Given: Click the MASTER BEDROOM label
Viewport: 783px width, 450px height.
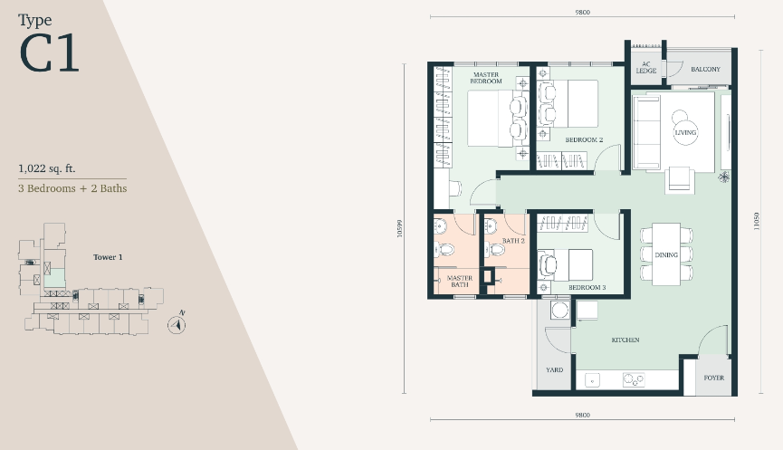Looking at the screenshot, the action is point(486,78).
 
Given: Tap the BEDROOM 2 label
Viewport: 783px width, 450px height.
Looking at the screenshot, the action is point(584,139).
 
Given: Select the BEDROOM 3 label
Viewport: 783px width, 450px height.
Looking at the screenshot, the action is point(587,288).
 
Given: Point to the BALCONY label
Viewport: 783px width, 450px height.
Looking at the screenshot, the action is point(705,70).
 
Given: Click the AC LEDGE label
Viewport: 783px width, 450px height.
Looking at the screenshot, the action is point(646,67).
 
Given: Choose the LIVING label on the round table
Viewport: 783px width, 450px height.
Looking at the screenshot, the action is point(685,133).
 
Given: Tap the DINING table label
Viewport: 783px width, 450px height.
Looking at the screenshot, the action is point(666,254).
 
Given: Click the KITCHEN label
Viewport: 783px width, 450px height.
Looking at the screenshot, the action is point(625,340).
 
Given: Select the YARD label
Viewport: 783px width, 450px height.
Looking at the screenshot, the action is point(554,370).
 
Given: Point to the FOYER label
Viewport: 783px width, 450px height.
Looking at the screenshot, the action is point(713,378).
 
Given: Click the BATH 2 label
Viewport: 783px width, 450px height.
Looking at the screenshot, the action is point(513,241).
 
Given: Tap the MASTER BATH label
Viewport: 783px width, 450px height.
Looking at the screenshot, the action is point(460,282).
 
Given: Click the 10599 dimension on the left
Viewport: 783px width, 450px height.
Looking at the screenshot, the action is point(399,229).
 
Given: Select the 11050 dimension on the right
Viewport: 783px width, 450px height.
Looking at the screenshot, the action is point(757,221).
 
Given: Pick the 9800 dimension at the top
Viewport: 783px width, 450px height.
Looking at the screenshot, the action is point(582,12).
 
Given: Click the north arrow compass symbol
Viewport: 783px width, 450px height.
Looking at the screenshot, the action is point(177,325).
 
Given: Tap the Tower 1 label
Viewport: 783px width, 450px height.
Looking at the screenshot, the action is point(108,257).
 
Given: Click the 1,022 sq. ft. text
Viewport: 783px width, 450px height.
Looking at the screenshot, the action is point(47,168).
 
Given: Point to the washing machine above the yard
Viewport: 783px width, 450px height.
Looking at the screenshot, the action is point(560,311).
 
